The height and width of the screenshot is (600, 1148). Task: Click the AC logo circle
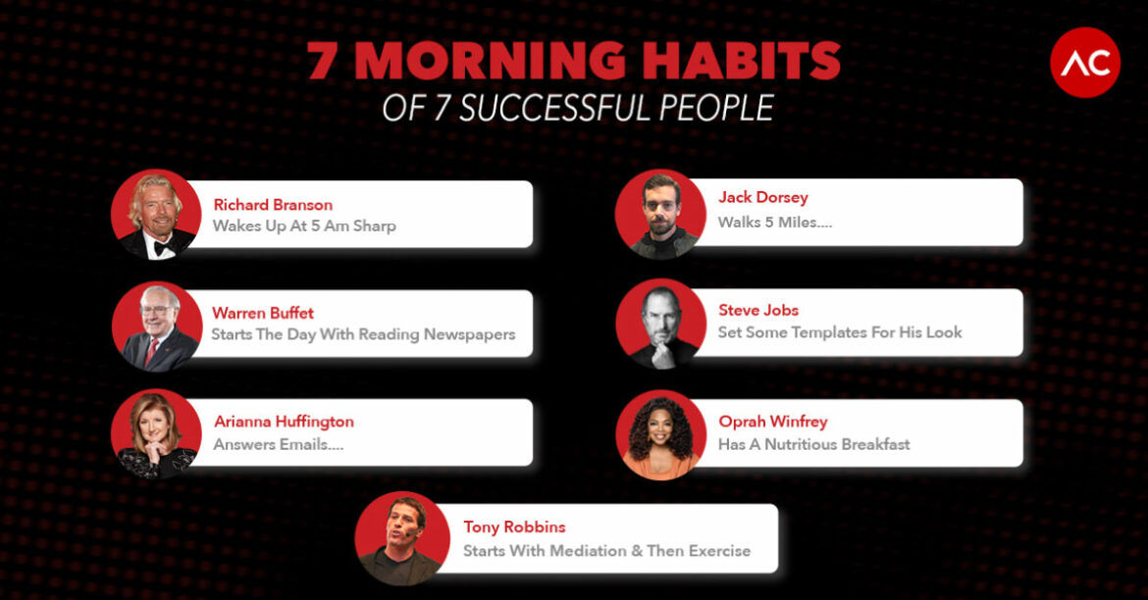(1084, 63)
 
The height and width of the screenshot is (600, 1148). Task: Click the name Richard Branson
(273, 205)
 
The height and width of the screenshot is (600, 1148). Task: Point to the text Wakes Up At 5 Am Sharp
(304, 225)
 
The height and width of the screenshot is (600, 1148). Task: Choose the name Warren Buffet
(263, 313)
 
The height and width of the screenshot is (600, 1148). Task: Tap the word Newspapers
(469, 334)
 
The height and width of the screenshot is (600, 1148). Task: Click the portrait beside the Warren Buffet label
(156, 327)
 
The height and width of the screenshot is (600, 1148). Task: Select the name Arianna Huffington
(284, 422)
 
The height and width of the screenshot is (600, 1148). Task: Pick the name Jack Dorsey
(763, 197)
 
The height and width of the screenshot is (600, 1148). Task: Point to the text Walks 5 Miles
(774, 223)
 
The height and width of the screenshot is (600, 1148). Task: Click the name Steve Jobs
(758, 310)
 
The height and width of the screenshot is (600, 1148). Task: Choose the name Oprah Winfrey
(773, 422)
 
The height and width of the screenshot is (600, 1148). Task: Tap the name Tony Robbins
(514, 527)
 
